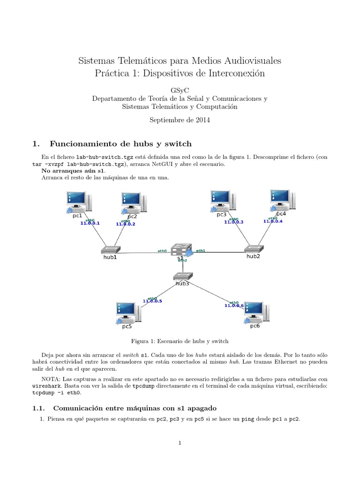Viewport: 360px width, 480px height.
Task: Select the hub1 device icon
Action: pyautogui.click(x=110, y=250)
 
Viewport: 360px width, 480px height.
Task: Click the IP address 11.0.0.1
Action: pyautogui.click(x=90, y=224)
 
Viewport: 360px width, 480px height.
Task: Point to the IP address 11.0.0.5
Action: pyautogui.click(x=152, y=301)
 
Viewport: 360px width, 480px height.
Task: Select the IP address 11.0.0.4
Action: pyautogui.click(x=273, y=221)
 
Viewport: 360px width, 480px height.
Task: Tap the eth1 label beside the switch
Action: pyautogui.click(x=200, y=250)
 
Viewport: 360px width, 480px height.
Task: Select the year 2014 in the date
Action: pyautogui.click(x=202, y=120)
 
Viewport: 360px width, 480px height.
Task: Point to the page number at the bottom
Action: pyautogui.click(x=180, y=442)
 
